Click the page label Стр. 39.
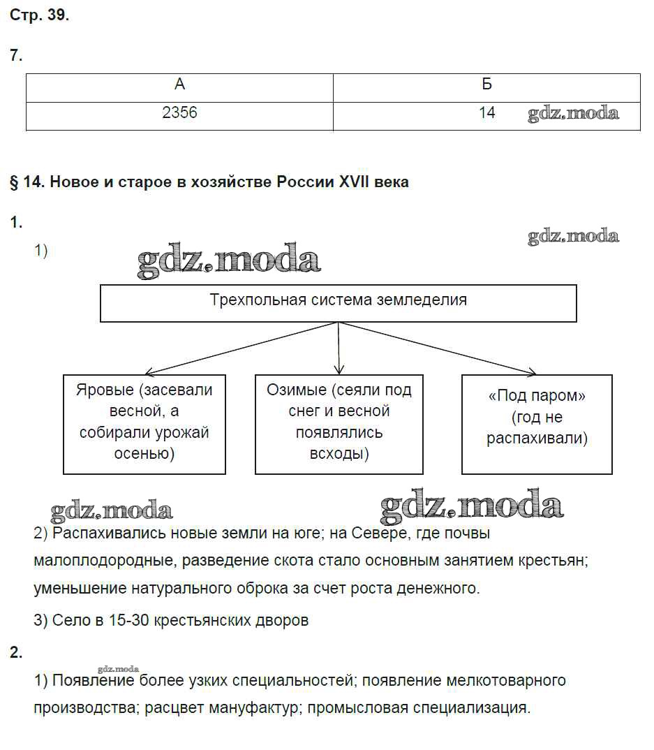click(39, 16)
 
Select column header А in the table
click(179, 84)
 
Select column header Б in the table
click(486, 84)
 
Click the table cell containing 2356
click(179, 112)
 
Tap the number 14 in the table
click(486, 112)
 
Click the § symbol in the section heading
click(14, 182)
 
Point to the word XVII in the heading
click(357, 182)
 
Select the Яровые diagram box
click(144, 423)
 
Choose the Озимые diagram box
click(339, 423)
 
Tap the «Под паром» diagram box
click(537, 423)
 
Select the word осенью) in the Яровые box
click(144, 454)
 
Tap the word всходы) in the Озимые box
click(339, 454)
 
